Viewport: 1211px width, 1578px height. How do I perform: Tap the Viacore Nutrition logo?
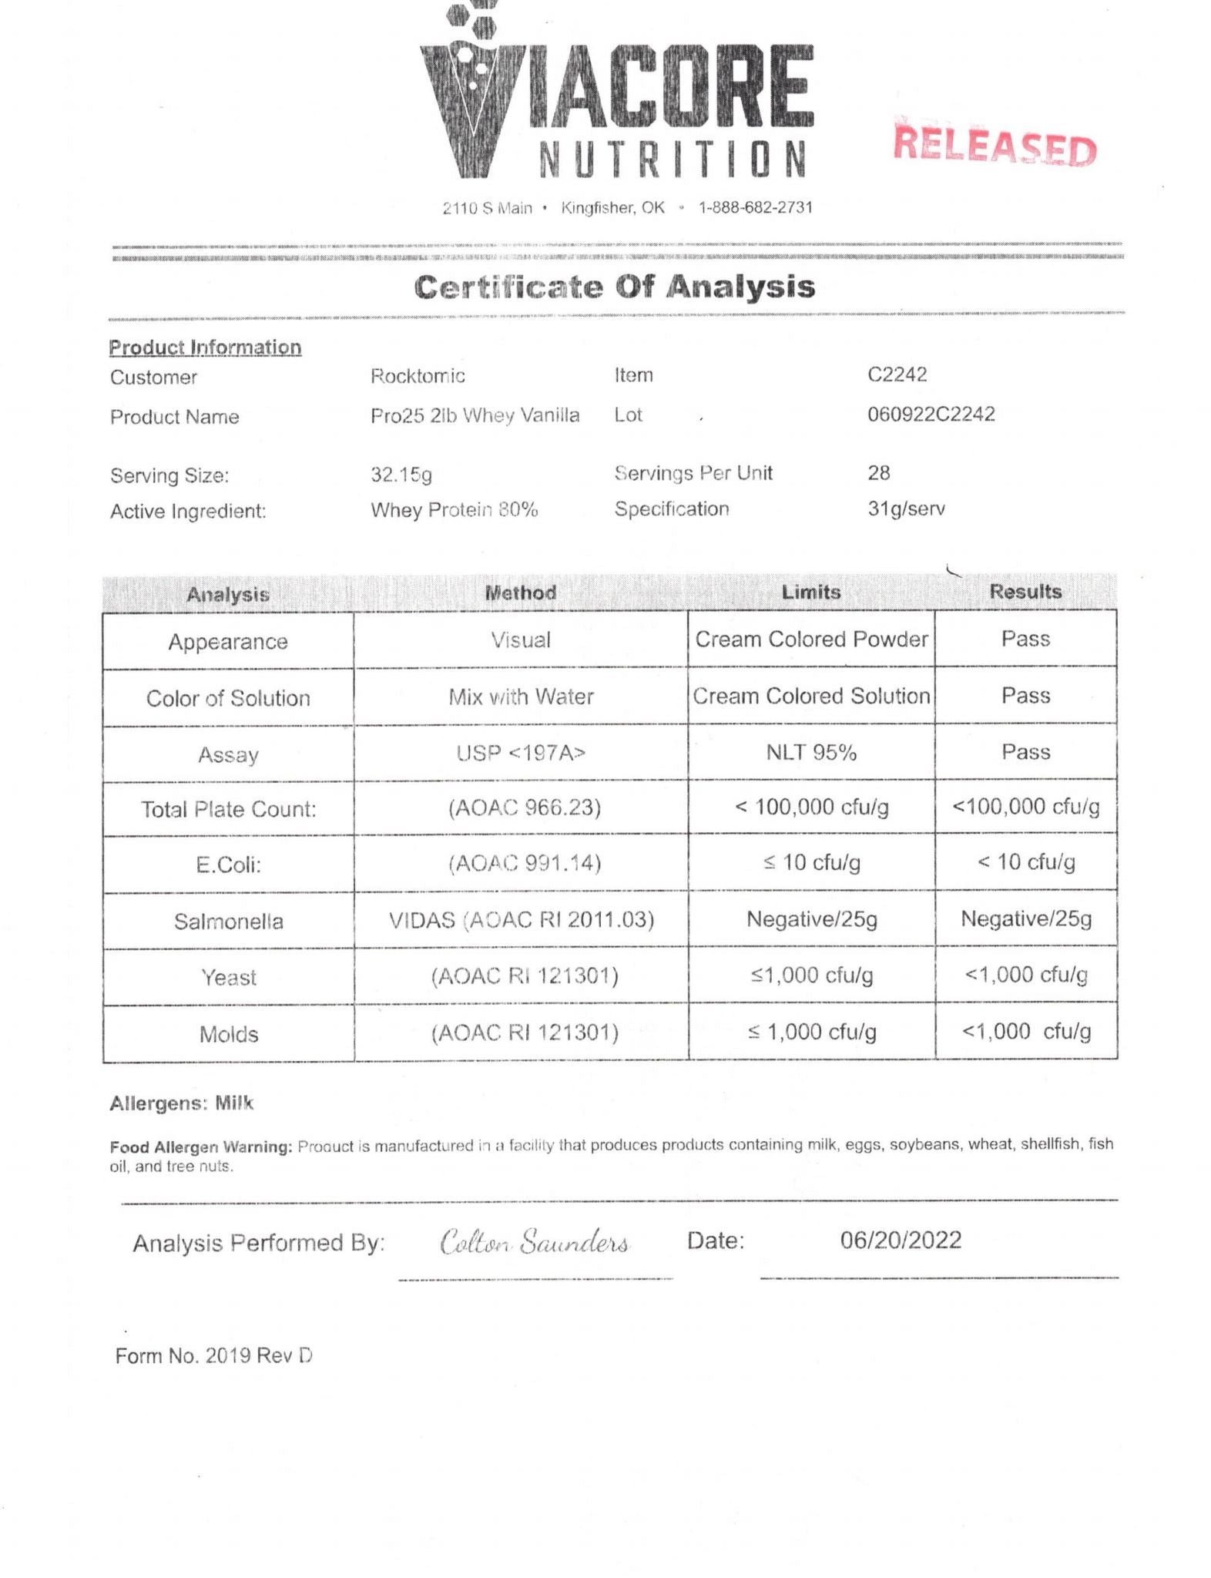[616, 92]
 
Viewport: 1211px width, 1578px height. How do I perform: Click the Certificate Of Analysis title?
[614, 287]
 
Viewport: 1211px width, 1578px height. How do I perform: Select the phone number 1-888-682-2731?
[755, 207]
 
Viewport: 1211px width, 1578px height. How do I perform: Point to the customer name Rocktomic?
[418, 376]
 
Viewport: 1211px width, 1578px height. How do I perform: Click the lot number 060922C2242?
[931, 415]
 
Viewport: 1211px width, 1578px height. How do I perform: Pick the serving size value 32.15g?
[401, 474]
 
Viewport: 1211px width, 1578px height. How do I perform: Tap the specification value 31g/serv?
[906, 509]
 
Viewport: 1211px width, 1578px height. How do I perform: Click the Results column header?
[1025, 592]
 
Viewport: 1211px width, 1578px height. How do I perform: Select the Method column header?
[520, 593]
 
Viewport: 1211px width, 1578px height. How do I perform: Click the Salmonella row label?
[228, 922]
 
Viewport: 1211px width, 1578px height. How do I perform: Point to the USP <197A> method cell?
[521, 753]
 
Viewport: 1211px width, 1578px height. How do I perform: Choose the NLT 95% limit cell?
[811, 752]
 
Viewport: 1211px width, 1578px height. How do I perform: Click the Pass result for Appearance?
[1025, 639]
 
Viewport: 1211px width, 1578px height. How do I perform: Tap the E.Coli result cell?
[1025, 862]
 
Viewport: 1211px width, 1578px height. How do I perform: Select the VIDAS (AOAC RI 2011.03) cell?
[521, 920]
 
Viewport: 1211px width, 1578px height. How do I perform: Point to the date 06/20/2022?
[901, 1241]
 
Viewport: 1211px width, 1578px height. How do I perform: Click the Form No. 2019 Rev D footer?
[213, 1356]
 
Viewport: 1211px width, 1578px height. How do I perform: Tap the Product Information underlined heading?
[205, 347]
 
